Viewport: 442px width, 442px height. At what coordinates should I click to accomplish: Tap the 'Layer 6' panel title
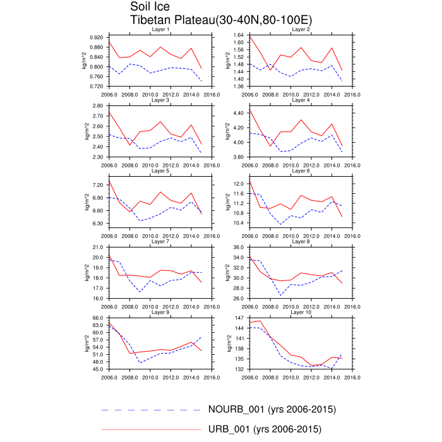301,170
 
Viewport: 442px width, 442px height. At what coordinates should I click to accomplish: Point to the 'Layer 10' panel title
301,312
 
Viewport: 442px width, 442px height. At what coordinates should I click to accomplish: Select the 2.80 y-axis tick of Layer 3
98,105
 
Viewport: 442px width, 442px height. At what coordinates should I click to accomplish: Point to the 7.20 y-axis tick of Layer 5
98,185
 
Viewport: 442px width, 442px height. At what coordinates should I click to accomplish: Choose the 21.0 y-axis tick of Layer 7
98,247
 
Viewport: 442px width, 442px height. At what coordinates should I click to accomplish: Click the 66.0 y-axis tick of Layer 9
98,318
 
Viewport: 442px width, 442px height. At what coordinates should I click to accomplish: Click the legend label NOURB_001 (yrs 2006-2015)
272,410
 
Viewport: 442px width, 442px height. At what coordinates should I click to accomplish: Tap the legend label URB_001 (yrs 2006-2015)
265,430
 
